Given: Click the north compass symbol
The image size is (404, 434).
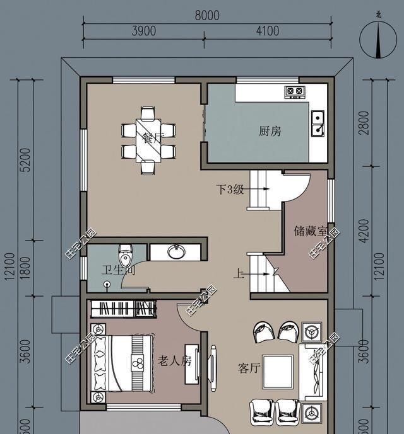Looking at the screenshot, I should pyautogui.click(x=377, y=39).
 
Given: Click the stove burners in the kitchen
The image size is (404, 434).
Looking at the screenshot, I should pyautogui.click(x=294, y=92).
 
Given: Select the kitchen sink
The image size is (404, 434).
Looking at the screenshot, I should pyautogui.click(x=318, y=123).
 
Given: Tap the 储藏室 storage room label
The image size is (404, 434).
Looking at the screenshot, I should pyautogui.click(x=310, y=231).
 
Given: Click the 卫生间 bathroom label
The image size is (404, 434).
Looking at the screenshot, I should pyautogui.click(x=119, y=271).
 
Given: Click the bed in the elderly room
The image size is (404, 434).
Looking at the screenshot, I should pyautogui.click(x=124, y=363).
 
